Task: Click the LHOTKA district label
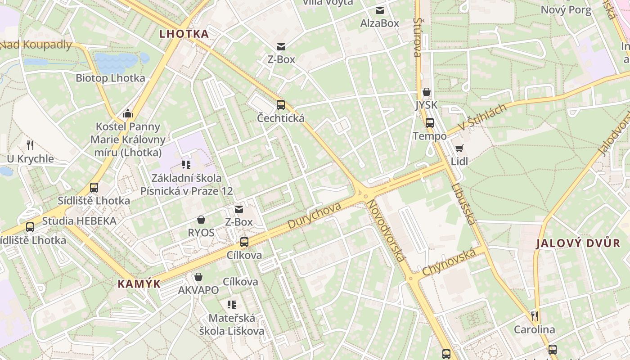point(184,34)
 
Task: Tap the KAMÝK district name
point(139,283)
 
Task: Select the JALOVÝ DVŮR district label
point(578,243)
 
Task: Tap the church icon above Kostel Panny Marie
point(128,113)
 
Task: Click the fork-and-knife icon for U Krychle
point(30,145)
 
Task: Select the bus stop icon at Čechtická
point(281,105)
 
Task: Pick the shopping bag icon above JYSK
point(426,92)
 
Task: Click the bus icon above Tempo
point(430,122)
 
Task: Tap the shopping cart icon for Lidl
point(459,148)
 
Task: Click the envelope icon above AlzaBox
point(380,10)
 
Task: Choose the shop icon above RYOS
point(201,220)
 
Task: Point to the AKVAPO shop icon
point(198,277)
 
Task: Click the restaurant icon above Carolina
point(535,316)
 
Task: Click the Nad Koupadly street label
point(36,45)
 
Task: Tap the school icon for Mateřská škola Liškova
point(232,305)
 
